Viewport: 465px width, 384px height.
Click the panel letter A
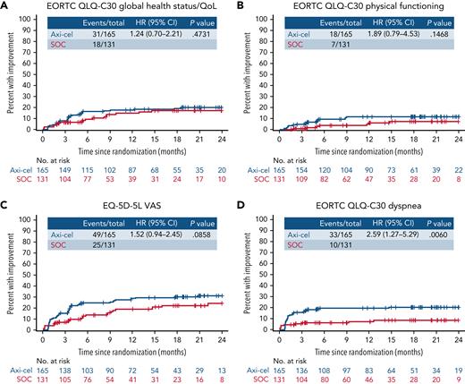tap(6, 7)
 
